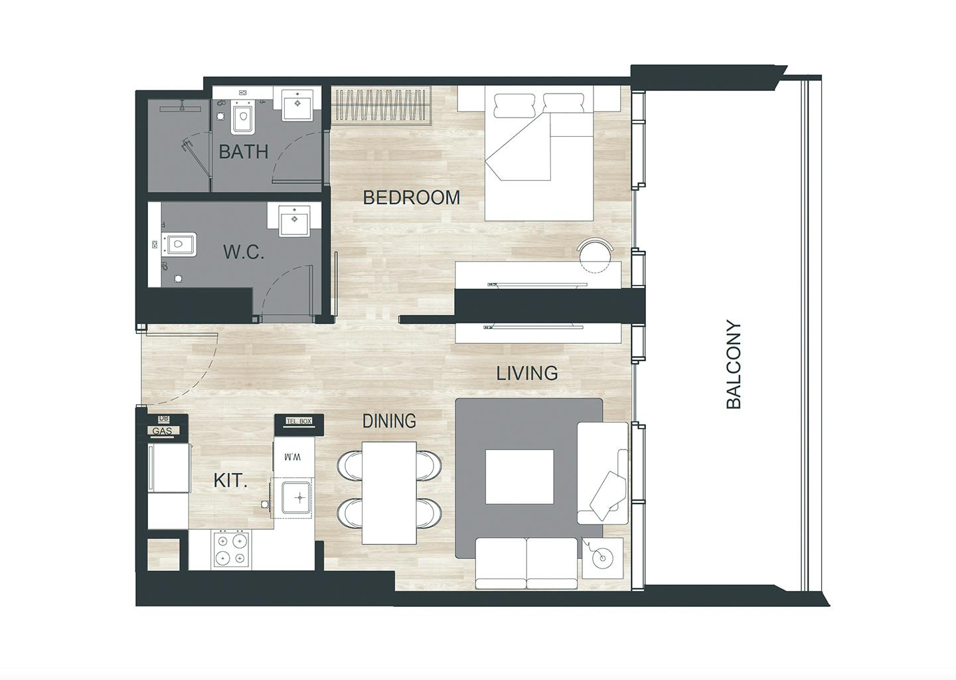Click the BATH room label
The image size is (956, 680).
click(x=244, y=151)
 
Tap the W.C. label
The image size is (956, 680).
click(x=244, y=252)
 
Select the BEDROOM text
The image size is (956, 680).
click(x=412, y=198)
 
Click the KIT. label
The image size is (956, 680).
click(x=230, y=481)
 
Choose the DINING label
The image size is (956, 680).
click(x=389, y=421)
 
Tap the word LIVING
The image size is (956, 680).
click(x=527, y=373)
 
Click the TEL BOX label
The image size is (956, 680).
click(x=299, y=421)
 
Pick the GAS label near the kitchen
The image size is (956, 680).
click(x=162, y=431)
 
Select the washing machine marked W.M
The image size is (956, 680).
click(x=294, y=457)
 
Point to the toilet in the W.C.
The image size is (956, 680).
click(x=180, y=244)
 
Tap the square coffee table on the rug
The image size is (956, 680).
click(x=519, y=476)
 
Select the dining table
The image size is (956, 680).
click(x=389, y=493)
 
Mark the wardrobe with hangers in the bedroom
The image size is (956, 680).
click(x=381, y=104)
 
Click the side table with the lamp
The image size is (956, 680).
click(x=602, y=558)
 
